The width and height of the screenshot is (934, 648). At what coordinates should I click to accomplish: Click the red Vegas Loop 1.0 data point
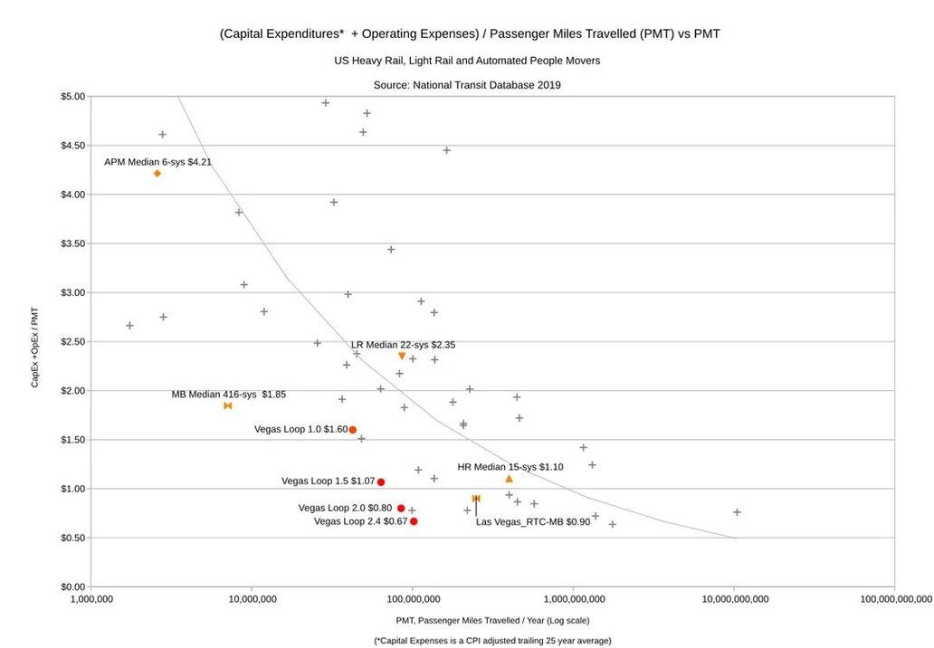tap(353, 430)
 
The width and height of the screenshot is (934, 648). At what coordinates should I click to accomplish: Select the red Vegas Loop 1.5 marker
tap(381, 482)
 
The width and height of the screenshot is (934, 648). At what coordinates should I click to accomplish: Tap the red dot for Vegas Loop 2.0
tap(401, 509)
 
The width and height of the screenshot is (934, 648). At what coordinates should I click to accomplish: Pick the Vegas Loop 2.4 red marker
tap(414, 521)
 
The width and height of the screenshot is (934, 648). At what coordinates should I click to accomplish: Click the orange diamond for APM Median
tap(157, 173)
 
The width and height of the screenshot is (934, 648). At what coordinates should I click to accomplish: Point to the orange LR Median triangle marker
tap(402, 356)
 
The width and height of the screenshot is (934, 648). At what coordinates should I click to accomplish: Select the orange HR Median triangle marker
tap(509, 478)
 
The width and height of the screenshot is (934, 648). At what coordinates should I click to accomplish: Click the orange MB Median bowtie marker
tap(228, 405)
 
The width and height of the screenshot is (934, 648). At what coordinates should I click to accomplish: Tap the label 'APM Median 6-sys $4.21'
tap(158, 162)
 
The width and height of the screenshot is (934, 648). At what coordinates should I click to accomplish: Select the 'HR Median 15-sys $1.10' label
tap(510, 467)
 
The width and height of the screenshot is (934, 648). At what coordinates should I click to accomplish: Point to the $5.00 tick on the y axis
tap(73, 97)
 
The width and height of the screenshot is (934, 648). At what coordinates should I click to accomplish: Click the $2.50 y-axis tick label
tap(73, 342)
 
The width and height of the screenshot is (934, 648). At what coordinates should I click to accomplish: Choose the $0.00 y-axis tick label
tap(73, 587)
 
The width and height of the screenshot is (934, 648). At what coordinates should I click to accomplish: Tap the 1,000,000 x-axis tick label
tap(91, 599)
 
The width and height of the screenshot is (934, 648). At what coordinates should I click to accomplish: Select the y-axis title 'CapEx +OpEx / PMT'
tap(35, 347)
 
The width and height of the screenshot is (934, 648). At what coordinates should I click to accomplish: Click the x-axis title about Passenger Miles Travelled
tap(492, 620)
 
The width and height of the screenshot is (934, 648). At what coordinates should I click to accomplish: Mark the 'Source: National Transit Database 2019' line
tap(467, 85)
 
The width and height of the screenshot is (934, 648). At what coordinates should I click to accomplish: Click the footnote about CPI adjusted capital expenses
tap(492, 641)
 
